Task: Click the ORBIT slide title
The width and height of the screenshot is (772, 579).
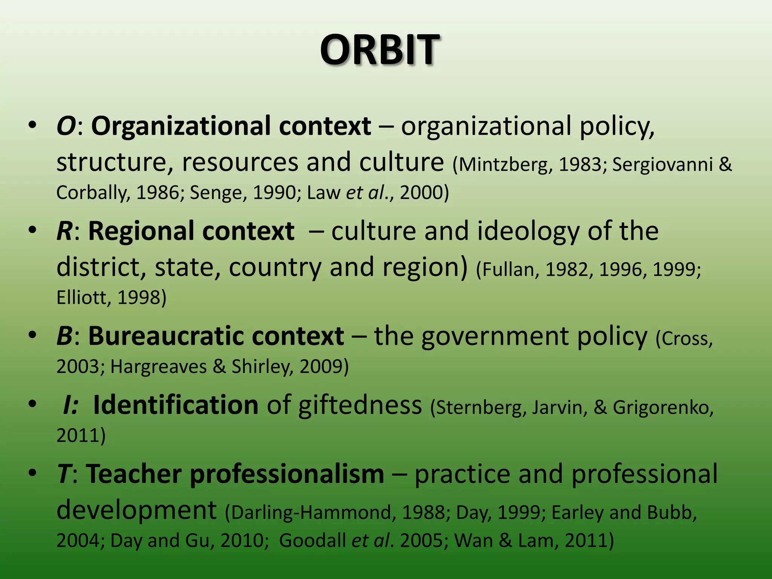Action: pos(380,50)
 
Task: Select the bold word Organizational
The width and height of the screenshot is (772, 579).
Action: pos(181,127)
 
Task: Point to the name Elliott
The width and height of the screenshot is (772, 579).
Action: pos(83,297)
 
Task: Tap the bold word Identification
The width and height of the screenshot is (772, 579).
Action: pos(175,405)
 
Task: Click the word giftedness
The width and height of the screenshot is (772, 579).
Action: pos(360,406)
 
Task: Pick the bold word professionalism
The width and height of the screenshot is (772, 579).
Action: pos(286,474)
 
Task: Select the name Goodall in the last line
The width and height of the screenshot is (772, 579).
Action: pos(312,540)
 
